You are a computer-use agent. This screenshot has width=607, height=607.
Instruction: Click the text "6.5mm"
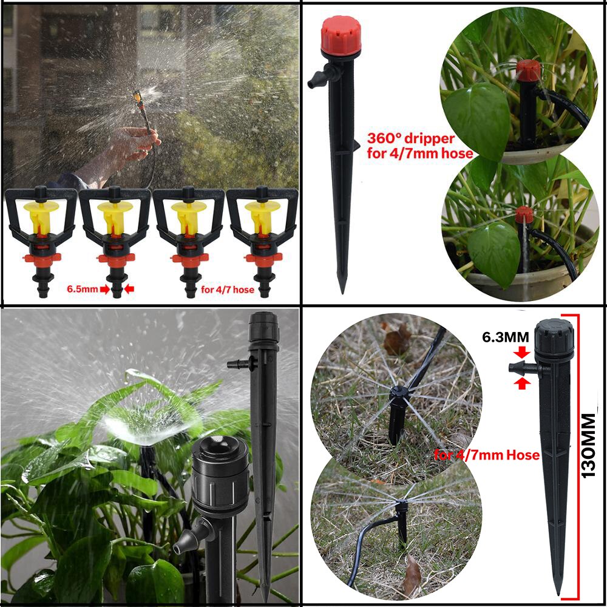coord(83,290)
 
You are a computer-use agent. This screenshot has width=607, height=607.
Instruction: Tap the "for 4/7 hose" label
coord(228,290)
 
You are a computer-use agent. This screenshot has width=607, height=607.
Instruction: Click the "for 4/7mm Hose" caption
coord(487,455)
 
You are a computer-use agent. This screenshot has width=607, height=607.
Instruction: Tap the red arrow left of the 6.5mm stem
coord(104,290)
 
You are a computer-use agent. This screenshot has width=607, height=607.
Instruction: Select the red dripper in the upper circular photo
coord(528,70)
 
